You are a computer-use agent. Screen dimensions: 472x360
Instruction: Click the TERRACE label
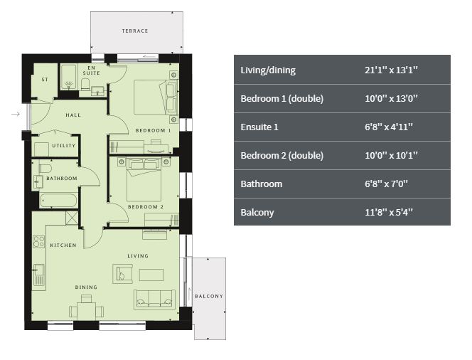pyautogui.click(x=135, y=31)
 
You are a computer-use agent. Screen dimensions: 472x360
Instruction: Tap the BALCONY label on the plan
pyautogui.click(x=209, y=296)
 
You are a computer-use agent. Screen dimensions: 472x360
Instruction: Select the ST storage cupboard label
pyautogui.click(x=45, y=80)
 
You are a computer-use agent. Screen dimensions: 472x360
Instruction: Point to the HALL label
pyautogui.click(x=73, y=115)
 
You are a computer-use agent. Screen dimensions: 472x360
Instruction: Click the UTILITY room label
pyautogui.click(x=64, y=146)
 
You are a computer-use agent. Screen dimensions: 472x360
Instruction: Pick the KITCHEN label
pyautogui.click(x=63, y=245)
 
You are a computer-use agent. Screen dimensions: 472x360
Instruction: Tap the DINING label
pyautogui.click(x=86, y=287)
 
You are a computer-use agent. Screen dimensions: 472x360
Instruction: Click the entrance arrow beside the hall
pyautogui.click(x=16, y=114)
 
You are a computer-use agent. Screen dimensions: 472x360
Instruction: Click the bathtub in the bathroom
pyautogui.click(x=59, y=201)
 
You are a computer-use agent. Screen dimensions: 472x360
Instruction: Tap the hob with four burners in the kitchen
pyautogui.click(x=39, y=242)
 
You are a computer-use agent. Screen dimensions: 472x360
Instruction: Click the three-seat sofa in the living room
pyautogui.click(x=154, y=300)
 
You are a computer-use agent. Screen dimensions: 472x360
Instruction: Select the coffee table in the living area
pyautogui.click(x=151, y=275)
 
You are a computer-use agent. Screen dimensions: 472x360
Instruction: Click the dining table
pyautogui.click(x=87, y=311)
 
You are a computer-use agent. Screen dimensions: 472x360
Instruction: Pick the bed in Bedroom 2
pyautogui.click(x=144, y=180)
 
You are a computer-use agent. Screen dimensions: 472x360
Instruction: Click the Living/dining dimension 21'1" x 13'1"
pyautogui.click(x=392, y=70)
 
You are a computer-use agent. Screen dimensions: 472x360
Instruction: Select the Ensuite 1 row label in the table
pyautogui.click(x=259, y=127)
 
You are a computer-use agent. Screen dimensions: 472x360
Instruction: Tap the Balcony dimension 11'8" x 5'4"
pyautogui.click(x=389, y=213)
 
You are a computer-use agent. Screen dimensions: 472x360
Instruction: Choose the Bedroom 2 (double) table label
pyautogui.click(x=282, y=155)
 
